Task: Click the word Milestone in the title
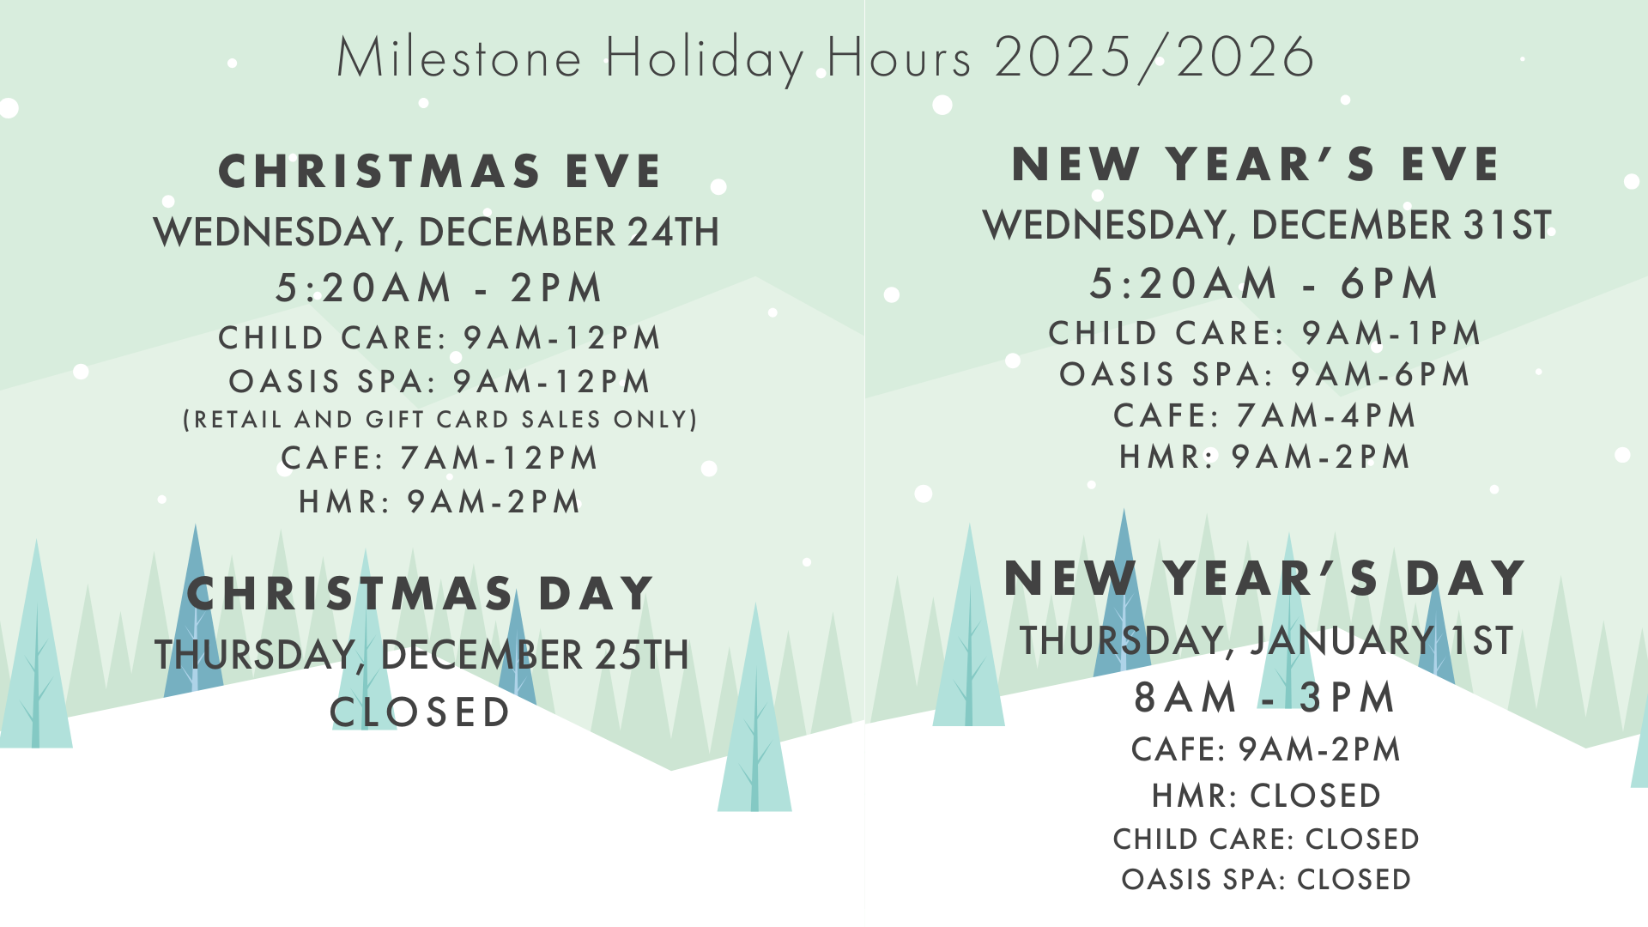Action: (459, 58)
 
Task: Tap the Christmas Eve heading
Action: (440, 171)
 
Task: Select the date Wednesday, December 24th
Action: (436, 232)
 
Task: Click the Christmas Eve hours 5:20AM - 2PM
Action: (439, 288)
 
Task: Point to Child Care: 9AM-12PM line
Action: (439, 338)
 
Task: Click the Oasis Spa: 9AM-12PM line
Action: (439, 381)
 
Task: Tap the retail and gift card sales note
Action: (440, 420)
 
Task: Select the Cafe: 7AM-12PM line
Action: (439, 458)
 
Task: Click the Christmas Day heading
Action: (421, 594)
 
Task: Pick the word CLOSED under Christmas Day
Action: (421, 712)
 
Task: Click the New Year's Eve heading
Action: (1256, 164)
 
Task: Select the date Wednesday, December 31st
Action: (1267, 225)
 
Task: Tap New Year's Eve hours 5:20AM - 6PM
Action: (1264, 284)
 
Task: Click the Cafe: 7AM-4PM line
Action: (1265, 416)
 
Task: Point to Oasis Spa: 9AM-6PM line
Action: (1265, 375)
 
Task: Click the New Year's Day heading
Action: (1265, 578)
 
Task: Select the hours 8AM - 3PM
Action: (1265, 697)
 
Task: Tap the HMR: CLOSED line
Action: (1266, 796)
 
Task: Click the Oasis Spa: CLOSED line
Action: (1266, 880)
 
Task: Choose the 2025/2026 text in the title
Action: (1154, 58)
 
